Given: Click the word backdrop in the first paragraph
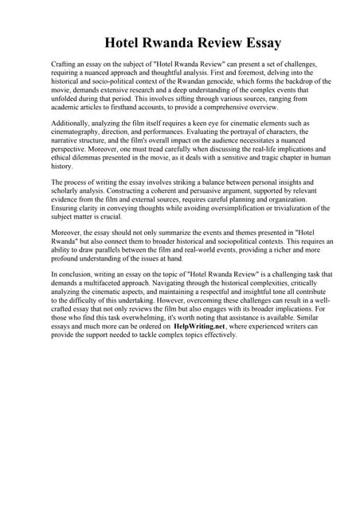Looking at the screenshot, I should [295, 83].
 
